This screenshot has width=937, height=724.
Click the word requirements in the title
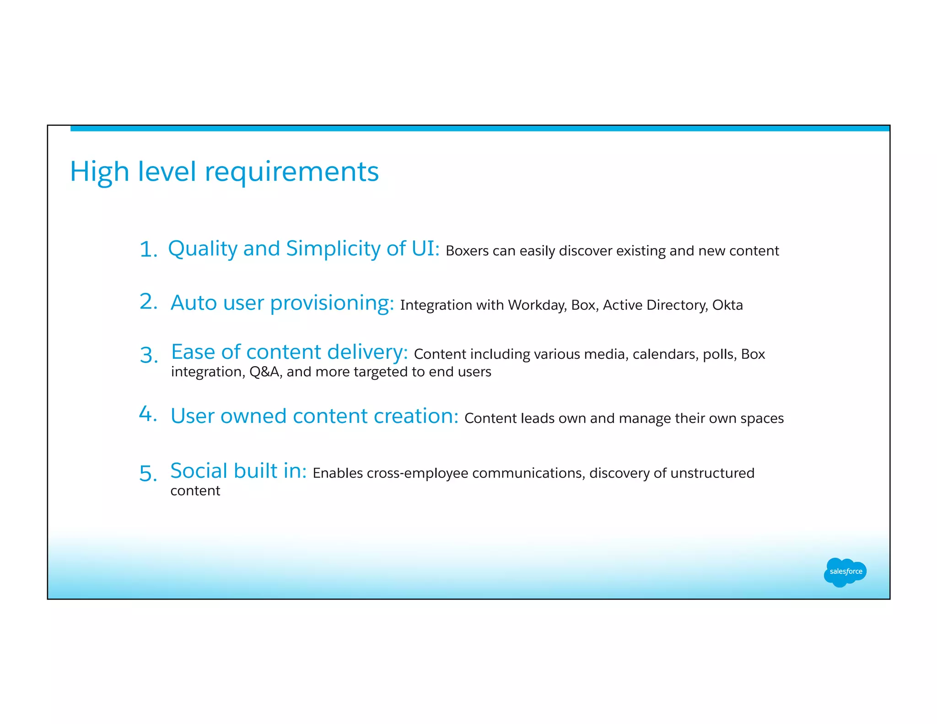[x=291, y=172]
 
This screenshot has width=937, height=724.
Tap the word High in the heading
[x=99, y=172]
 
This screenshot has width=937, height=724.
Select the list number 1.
[x=147, y=250]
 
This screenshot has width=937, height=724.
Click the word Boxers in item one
[x=467, y=251]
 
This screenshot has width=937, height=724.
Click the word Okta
[x=727, y=305]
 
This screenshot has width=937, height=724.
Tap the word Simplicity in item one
[x=334, y=249]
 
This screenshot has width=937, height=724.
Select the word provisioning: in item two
[x=332, y=303]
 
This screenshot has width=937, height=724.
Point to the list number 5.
[x=147, y=473]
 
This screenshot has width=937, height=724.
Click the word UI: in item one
[x=425, y=249]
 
